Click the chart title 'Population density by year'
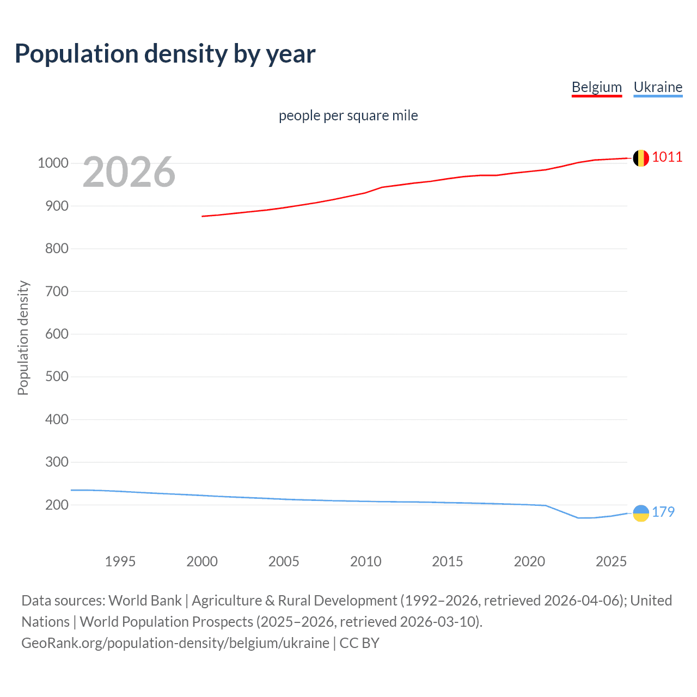pos(165,54)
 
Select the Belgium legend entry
pos(596,87)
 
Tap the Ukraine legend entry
pos(658,87)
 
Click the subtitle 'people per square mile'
pos(348,115)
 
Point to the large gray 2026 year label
pos(129,172)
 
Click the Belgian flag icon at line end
pos(641,158)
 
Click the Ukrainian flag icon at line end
pos(641,513)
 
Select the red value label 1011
pos(667,157)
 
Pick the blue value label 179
pos(663,512)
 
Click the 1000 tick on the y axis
pos(53,163)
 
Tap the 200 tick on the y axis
pos(57,505)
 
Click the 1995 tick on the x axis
pos(120,561)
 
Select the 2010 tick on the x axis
pos(365,561)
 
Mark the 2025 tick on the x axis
pos(611,561)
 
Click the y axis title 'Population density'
pos(23,338)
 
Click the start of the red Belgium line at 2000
pos(203,216)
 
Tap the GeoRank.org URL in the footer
pos(175,643)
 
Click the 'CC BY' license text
pos(359,643)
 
